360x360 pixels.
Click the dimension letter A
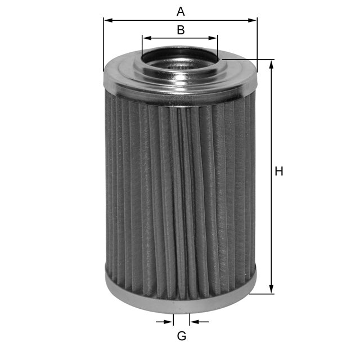181,11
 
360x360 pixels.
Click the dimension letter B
181,30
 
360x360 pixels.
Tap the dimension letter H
278,172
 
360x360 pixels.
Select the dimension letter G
182,336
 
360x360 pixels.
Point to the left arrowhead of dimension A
107,20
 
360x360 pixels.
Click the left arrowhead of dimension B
146,38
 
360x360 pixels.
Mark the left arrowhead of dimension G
169,322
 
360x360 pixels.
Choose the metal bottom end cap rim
180,304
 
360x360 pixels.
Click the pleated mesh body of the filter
180,191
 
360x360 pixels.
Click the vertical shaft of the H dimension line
271,225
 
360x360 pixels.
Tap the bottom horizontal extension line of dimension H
262,294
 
